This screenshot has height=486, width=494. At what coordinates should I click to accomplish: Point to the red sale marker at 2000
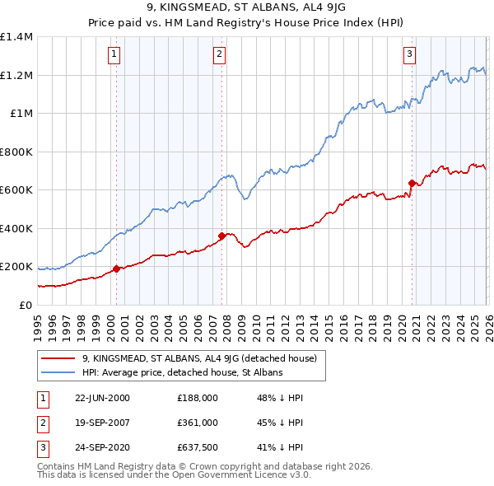pos(116,268)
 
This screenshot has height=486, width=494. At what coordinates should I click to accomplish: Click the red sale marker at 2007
pos(221,236)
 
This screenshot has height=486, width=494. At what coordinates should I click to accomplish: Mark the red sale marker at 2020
pos(412,183)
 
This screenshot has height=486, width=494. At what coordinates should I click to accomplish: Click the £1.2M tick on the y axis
pos(16,75)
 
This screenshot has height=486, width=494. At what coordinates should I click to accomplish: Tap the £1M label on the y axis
pos(21,114)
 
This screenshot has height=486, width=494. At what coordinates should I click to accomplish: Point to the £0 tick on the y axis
pos(26,305)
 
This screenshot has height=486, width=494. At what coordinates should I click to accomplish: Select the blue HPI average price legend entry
pos(182,372)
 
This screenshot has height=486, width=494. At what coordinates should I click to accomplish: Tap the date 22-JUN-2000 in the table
pos(103,398)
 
